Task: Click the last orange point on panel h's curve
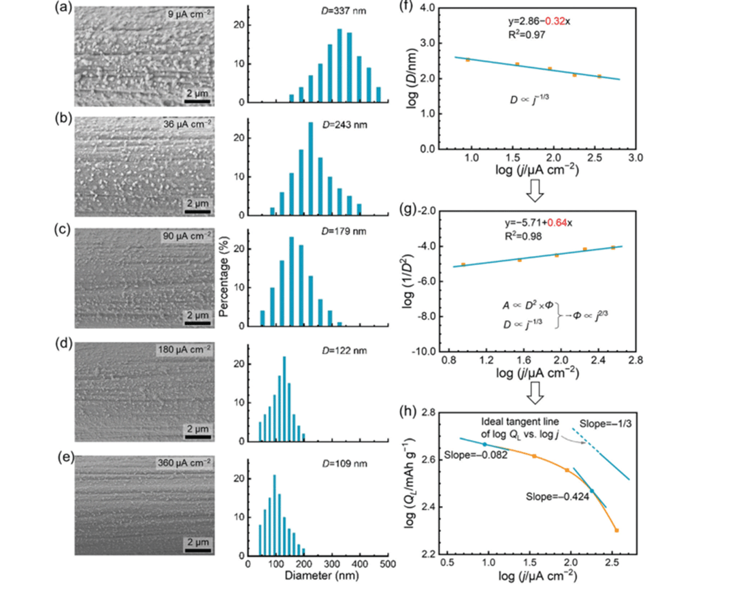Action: pos(616,530)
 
